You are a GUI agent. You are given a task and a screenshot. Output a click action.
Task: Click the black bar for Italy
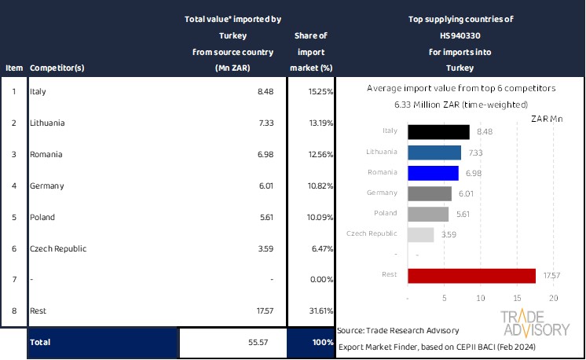tap(438, 132)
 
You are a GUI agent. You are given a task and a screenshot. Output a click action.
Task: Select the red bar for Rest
tap(472, 275)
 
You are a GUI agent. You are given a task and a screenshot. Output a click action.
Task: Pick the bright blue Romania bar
tap(433, 173)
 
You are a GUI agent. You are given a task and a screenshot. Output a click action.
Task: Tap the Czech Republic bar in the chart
tap(421, 234)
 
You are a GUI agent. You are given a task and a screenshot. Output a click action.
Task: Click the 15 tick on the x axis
tap(518, 298)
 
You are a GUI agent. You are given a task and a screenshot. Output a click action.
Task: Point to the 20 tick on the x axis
tap(553, 298)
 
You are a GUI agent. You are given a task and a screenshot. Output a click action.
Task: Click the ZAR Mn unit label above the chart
tap(547, 119)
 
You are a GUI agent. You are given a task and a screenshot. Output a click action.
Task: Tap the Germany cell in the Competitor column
tap(46, 186)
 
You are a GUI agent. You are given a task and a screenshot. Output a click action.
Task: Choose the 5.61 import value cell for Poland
tap(268, 217)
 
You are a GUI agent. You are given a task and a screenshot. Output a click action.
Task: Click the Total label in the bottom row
tap(40, 343)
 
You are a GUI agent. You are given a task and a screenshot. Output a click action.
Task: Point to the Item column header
tap(13, 68)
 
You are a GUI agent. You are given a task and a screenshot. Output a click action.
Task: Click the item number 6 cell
tap(13, 248)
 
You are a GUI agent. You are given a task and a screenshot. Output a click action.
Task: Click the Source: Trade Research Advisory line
tap(398, 330)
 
